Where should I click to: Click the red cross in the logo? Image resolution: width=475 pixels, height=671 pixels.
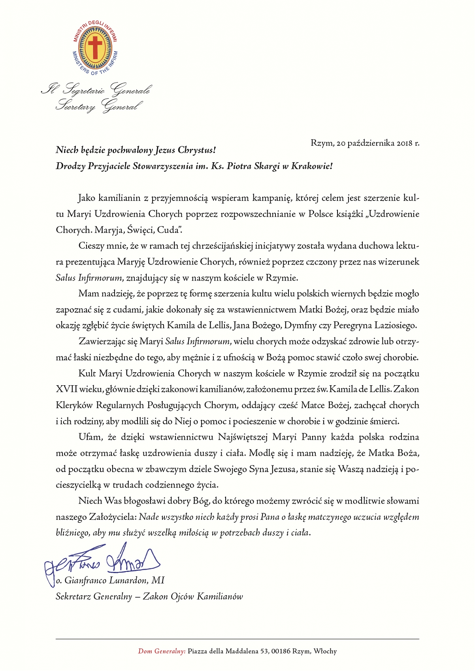tap(95, 47)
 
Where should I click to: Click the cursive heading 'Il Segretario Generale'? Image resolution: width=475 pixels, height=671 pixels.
tap(96, 90)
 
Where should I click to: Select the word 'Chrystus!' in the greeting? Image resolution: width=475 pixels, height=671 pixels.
tap(196, 150)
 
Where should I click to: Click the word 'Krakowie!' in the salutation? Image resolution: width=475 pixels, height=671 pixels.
tap(312, 166)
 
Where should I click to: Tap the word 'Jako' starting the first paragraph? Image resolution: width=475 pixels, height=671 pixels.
tap(87, 198)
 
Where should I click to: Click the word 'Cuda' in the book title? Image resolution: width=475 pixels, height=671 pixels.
tap(170, 230)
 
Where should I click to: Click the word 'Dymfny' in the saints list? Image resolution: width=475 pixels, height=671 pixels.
tap(299, 326)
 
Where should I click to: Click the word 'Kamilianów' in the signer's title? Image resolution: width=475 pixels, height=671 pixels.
tap(220, 596)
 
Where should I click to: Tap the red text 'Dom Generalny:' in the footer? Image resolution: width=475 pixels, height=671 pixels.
tap(162, 651)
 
